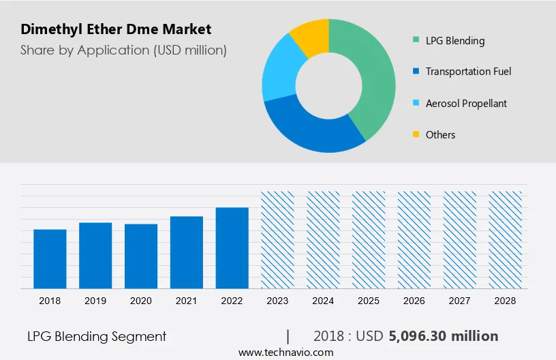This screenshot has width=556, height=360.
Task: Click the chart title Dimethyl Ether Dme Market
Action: [x=116, y=29]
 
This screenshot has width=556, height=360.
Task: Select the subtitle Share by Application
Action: [x=123, y=50]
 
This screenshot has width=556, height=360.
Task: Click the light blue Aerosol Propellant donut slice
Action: [x=277, y=74]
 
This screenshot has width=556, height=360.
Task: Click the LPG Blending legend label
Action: [x=455, y=40]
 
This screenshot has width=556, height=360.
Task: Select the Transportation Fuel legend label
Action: [x=468, y=72]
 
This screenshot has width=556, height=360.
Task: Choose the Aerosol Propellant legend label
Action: [x=466, y=104]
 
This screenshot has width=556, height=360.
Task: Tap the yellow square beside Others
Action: [x=416, y=134]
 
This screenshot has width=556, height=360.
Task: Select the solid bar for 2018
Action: [x=50, y=258]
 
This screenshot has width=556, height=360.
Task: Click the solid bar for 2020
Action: [x=141, y=256]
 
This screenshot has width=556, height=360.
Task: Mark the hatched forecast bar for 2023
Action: [x=278, y=239]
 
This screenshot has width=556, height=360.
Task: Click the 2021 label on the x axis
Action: [x=187, y=301]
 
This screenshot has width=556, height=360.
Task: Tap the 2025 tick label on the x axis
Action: [x=369, y=301]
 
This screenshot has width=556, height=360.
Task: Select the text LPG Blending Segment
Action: [x=97, y=336]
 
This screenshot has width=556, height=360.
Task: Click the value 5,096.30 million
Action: [x=444, y=336]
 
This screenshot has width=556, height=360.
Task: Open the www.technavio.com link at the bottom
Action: [x=286, y=352]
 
